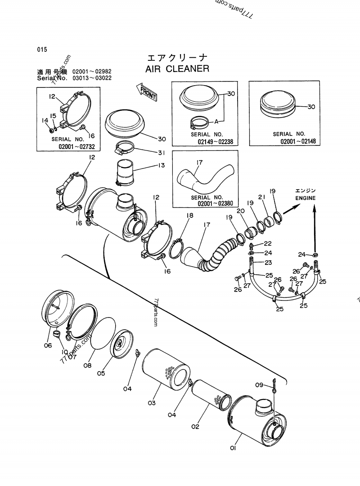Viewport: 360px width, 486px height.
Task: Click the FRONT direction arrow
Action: click(148, 91)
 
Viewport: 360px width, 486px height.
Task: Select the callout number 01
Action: click(233, 448)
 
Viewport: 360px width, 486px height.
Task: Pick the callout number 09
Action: click(259, 385)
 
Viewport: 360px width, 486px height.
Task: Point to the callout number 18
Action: click(189, 216)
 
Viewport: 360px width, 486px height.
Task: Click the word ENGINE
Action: click(306, 198)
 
